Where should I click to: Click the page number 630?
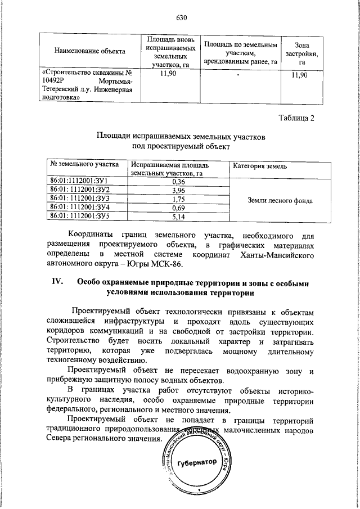[x=181, y=17]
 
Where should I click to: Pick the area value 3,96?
[x=179, y=191]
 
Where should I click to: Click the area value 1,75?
[x=179, y=199]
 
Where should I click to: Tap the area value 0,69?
[x=179, y=208]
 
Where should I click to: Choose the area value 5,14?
[x=179, y=216]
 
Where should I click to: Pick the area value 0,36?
[x=179, y=182]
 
